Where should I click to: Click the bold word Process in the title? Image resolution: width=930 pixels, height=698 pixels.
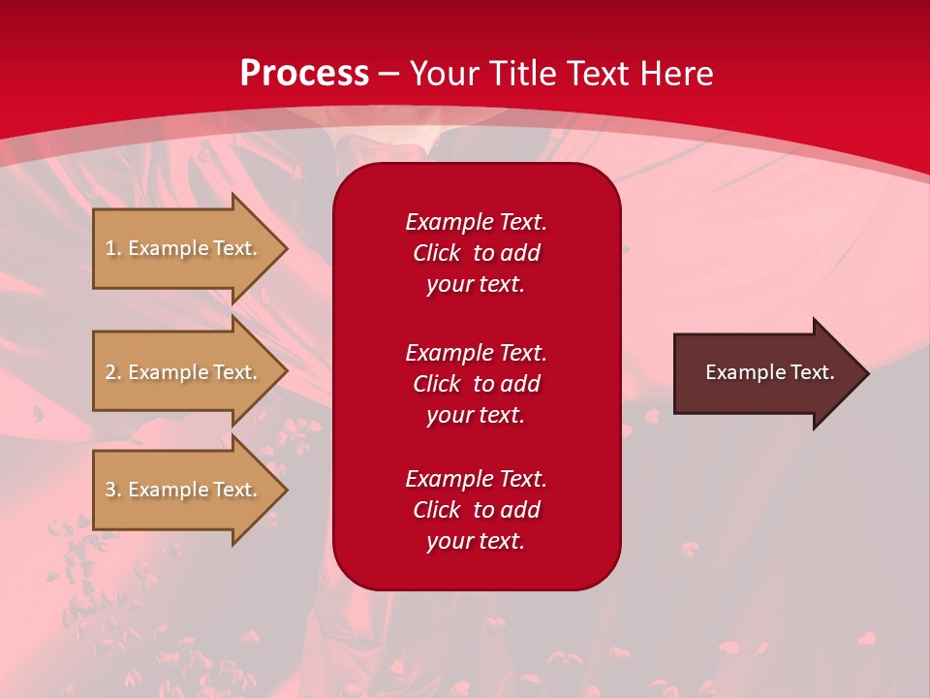(304, 74)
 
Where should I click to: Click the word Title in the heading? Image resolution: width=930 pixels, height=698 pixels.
(524, 74)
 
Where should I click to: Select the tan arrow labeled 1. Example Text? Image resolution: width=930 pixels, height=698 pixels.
(184, 248)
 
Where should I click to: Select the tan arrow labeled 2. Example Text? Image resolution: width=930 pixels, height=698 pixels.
(184, 372)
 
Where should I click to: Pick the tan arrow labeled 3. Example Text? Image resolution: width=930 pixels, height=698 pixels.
(184, 490)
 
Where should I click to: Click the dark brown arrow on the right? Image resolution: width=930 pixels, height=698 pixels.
(765, 372)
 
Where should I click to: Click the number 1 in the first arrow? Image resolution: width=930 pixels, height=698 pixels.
(110, 248)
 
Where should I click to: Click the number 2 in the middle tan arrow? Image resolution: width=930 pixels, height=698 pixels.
(110, 372)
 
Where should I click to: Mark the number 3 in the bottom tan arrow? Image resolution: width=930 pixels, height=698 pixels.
(110, 490)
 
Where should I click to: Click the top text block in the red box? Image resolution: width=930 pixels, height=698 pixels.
(476, 253)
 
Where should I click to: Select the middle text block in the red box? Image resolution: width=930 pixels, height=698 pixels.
(476, 384)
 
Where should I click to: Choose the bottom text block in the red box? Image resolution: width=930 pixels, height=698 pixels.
(476, 510)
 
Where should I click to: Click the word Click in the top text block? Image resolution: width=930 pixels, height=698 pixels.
(436, 253)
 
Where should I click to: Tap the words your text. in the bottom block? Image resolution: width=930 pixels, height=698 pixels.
(476, 541)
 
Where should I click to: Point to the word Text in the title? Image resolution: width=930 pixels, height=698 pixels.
(598, 74)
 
